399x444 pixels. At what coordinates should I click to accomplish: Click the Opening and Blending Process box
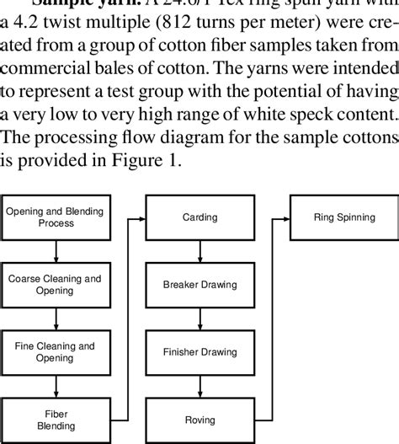point(56,217)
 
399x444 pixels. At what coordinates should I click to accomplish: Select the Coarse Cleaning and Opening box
point(56,284)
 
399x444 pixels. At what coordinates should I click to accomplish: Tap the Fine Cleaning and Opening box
point(56,351)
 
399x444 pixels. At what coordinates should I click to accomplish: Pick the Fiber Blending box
point(56,419)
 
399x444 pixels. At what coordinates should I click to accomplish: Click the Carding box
point(199,217)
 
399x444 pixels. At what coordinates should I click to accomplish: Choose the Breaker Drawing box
point(199,284)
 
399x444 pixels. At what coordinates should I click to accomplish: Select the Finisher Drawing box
point(199,351)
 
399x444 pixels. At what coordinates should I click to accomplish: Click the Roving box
point(199,419)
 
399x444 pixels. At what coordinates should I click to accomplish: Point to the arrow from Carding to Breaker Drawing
point(199,250)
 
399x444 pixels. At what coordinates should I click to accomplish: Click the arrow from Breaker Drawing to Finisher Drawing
point(199,318)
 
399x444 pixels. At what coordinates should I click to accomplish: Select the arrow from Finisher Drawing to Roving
point(199,385)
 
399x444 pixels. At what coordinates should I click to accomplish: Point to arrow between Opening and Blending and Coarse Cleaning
point(56,250)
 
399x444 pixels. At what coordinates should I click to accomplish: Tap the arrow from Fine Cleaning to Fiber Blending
point(56,385)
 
